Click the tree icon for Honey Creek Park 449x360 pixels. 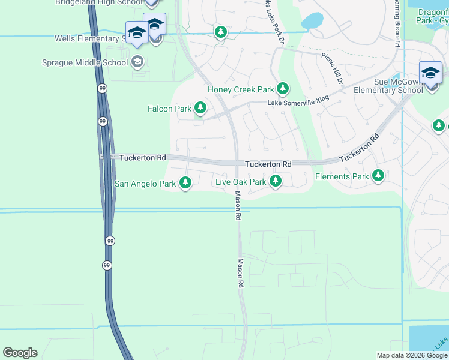tap(282, 89)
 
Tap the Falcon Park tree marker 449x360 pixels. tap(200, 109)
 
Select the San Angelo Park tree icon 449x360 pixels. tap(185, 182)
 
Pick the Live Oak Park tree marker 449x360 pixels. tap(276, 181)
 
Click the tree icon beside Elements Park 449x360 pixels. tap(378, 176)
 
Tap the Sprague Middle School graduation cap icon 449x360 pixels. tap(137, 62)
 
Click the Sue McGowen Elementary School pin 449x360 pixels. tap(430, 74)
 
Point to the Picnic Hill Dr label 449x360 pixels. tap(331, 67)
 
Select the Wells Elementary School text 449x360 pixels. tap(89, 38)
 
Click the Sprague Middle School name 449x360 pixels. tap(85, 62)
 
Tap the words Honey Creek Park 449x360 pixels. tap(241, 90)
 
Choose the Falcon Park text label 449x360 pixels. tap(169, 109)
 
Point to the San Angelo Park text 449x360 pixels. tap(145, 184)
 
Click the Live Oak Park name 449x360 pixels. tap(240, 182)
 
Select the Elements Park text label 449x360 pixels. tap(341, 176)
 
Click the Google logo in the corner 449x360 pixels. tap(20, 353)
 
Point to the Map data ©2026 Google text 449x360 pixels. tap(412, 355)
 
